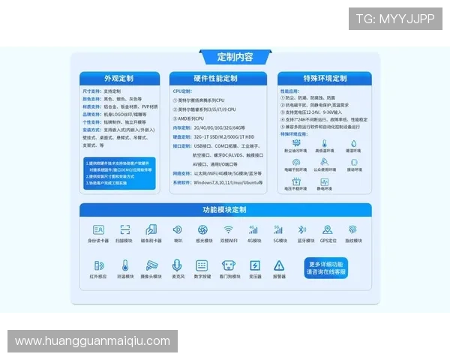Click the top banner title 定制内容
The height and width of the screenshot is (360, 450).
[224, 57]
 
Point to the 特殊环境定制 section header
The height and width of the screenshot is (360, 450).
[325, 79]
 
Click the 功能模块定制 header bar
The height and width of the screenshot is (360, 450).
[224, 210]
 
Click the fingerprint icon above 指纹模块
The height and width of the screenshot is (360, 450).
[352, 229]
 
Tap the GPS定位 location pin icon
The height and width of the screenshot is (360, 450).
[328, 229]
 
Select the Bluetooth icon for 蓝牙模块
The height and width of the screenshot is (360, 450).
[303, 229]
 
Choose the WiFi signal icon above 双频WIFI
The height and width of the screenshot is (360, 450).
[228, 229]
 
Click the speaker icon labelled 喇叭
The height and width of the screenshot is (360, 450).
[178, 229]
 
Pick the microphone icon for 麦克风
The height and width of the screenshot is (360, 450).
[178, 265]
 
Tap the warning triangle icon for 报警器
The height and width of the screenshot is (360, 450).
[279, 265]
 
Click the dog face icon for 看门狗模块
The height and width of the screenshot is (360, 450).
[228, 265]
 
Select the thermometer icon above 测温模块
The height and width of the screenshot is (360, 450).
[126, 265]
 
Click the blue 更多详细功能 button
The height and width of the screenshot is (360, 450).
[326, 268]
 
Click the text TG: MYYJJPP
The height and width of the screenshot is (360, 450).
[395, 19]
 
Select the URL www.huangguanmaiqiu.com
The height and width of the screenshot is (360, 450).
[93, 341]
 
